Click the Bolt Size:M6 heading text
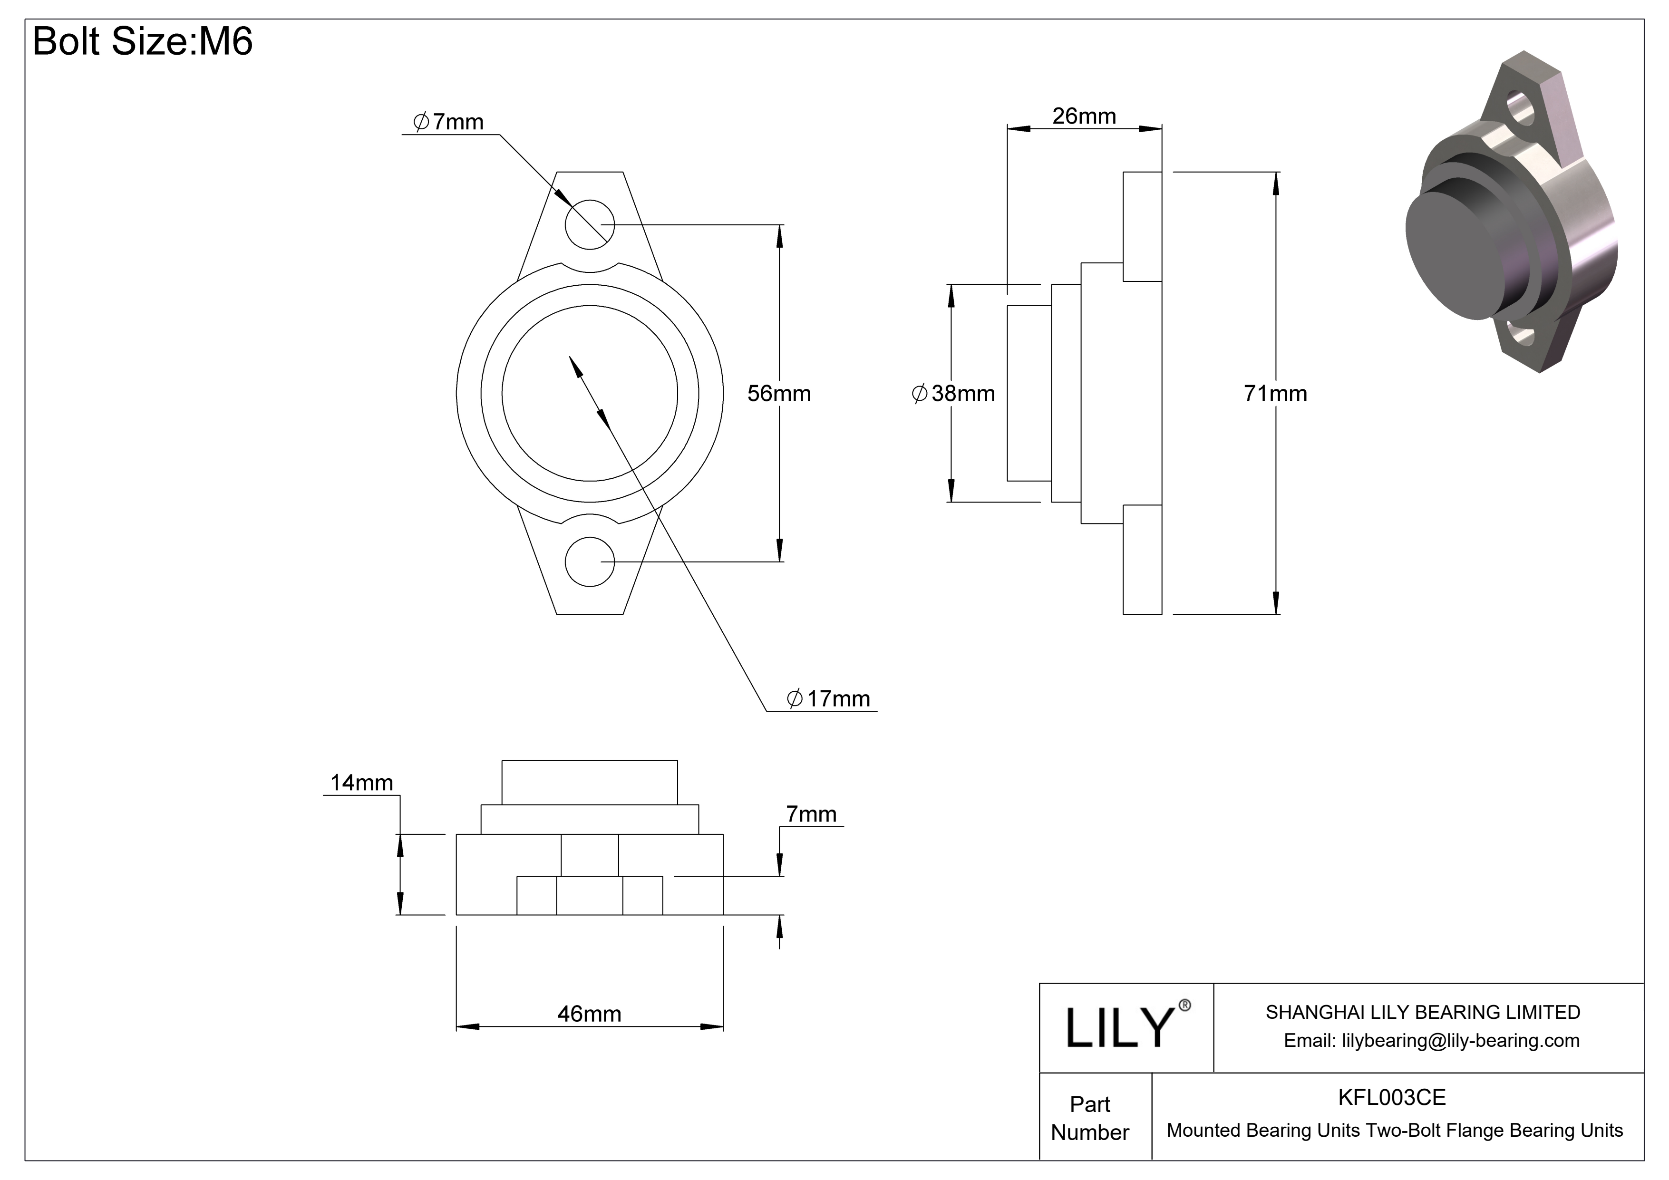click(143, 41)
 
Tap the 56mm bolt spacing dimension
click(778, 393)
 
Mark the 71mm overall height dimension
click(1274, 393)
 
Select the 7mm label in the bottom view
click(811, 814)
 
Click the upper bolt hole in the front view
click(590, 224)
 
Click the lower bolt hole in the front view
click(590, 561)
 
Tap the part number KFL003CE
click(1391, 1097)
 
